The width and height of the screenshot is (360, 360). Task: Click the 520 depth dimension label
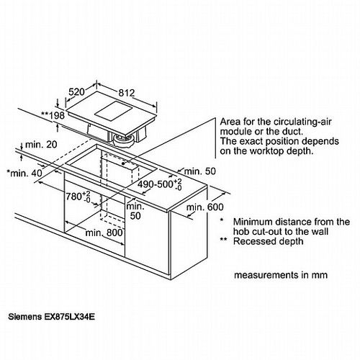pyautogui.click(x=77, y=92)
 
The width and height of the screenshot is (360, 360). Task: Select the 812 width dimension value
pyautogui.click(x=127, y=93)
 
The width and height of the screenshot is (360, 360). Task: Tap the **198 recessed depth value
pyautogui.click(x=53, y=116)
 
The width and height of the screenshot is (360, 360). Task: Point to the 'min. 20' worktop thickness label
pyautogui.click(x=41, y=145)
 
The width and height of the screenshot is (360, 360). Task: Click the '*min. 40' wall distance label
pyautogui.click(x=24, y=173)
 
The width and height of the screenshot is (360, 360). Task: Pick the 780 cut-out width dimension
pyautogui.click(x=78, y=197)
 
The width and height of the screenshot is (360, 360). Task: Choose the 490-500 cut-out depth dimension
pyautogui.click(x=160, y=184)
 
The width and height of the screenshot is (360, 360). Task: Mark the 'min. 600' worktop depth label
pyautogui.click(x=204, y=207)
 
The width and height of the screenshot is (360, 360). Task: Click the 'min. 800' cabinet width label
pyautogui.click(x=104, y=233)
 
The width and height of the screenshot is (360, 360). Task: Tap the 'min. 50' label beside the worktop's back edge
pyautogui.click(x=200, y=171)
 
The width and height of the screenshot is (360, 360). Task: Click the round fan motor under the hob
pyautogui.click(x=124, y=140)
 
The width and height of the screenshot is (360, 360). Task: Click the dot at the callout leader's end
pyautogui.click(x=123, y=163)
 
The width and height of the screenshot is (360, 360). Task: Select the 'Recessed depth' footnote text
pyautogui.click(x=269, y=241)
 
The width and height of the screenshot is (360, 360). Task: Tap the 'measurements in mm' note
pyautogui.click(x=281, y=275)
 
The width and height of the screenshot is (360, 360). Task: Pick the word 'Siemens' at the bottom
pyautogui.click(x=25, y=317)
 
